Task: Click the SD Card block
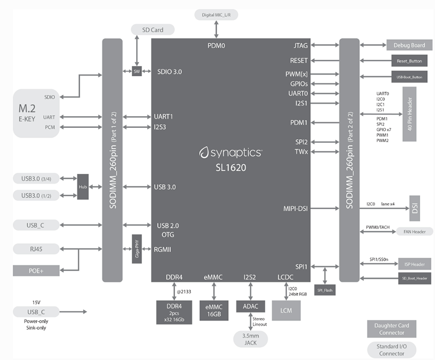coord(153,30)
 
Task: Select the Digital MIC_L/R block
coord(216,15)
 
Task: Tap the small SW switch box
coord(137,72)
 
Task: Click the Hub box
coord(83,187)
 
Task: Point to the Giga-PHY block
coord(137,249)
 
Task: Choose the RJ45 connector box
coord(36,249)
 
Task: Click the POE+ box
coord(36,270)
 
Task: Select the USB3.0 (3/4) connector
coord(40,178)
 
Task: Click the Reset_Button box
coord(409,61)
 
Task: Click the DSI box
coord(415,208)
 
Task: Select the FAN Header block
coord(411,232)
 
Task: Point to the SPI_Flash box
coord(325,290)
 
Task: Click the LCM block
coord(286,310)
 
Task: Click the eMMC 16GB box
coord(213,310)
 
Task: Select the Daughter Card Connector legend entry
coord(391,329)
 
